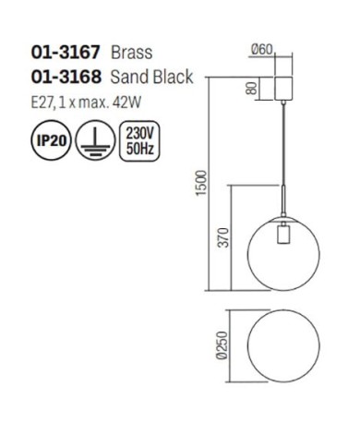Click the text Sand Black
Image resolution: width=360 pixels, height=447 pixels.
(x=151, y=77)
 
